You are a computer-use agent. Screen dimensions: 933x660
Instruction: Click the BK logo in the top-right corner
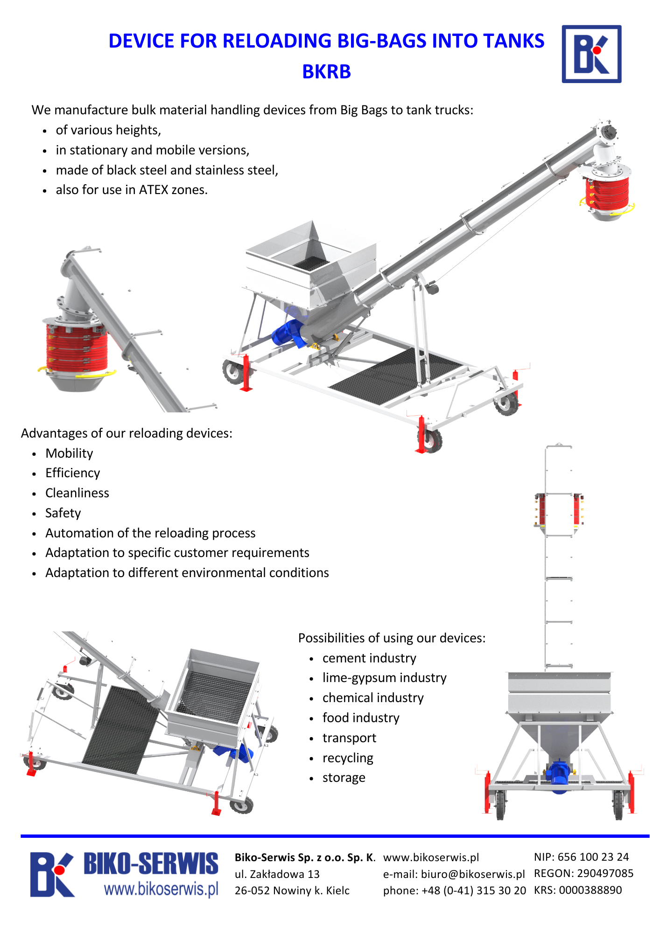pyautogui.click(x=591, y=54)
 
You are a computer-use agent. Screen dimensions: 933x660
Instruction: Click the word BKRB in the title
pyautogui.click(x=326, y=72)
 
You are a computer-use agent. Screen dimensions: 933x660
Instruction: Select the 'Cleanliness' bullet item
pyautogui.click(x=77, y=493)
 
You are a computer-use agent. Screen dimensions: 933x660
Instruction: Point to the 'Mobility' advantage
pyautogui.click(x=69, y=453)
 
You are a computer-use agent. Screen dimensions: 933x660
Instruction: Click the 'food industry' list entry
pyautogui.click(x=361, y=717)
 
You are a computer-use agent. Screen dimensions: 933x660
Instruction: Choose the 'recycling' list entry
pyautogui.click(x=348, y=758)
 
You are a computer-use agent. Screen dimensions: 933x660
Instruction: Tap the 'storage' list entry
pyautogui.click(x=344, y=778)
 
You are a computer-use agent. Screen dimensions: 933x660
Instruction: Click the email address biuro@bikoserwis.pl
pyautogui.click(x=472, y=874)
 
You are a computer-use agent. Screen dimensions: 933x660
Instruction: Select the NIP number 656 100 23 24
pyautogui.click(x=593, y=857)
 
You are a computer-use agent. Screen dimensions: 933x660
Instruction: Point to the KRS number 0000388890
pyautogui.click(x=590, y=890)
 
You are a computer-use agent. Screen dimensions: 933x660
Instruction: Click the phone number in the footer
pyautogui.click(x=473, y=891)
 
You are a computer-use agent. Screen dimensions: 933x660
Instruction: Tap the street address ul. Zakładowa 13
pyautogui.click(x=277, y=874)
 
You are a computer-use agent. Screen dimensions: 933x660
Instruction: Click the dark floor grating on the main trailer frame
pyautogui.click(x=397, y=376)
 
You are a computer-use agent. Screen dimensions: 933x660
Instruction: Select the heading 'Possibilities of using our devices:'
pyautogui.click(x=392, y=638)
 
